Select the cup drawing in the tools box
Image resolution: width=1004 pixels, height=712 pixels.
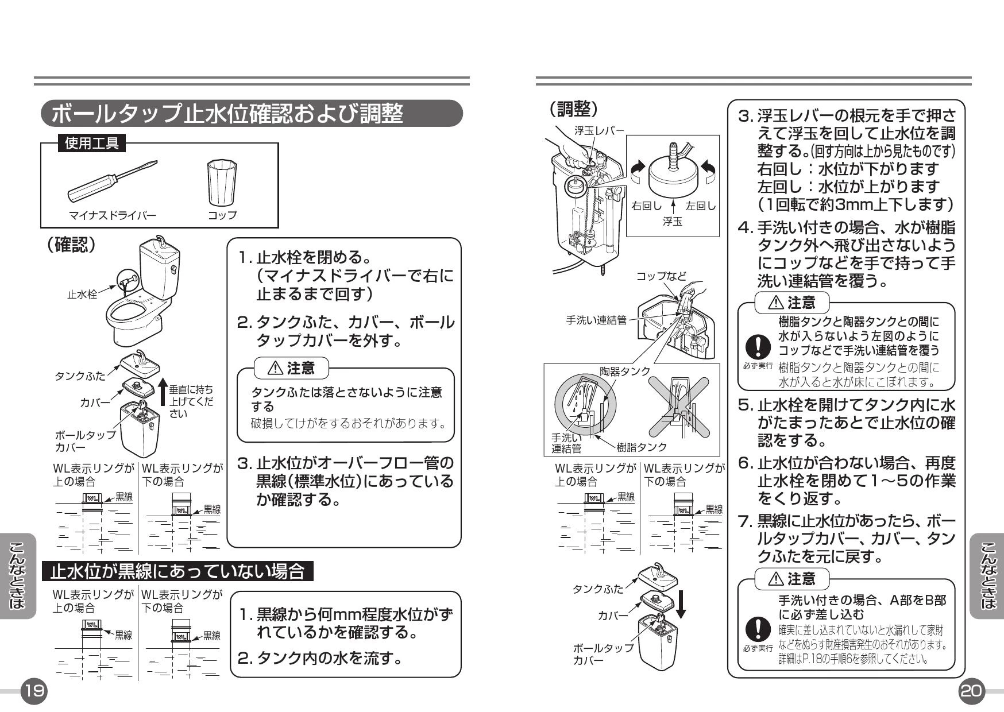pos(221,183)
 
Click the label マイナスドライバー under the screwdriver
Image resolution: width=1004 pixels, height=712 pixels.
pos(113,215)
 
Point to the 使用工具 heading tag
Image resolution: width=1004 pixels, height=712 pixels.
pos(92,143)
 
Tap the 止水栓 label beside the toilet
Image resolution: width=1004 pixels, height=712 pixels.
pos(82,295)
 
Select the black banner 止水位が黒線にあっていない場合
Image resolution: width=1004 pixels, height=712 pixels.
pos(178,571)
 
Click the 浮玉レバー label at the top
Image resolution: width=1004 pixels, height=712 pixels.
pos(599,130)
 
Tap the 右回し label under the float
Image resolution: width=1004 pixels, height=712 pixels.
pos(646,206)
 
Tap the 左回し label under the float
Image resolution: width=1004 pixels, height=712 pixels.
pos(701,206)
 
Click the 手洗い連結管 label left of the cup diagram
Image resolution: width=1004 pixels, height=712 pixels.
pos(596,320)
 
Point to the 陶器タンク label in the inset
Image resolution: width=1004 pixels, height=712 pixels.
pos(625,371)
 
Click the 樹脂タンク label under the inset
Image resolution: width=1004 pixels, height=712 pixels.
pos(642,447)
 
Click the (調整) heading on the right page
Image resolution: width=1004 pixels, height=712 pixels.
pos(573,108)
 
